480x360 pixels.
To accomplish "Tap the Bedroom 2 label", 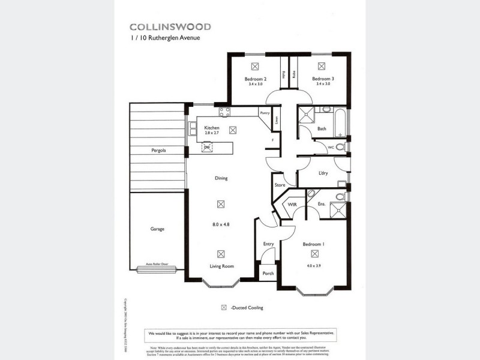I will coord(255,79).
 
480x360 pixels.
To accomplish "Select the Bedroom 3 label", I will coord(322,79).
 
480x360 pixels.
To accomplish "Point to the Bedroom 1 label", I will coord(313,245).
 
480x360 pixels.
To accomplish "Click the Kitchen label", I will coord(212,128).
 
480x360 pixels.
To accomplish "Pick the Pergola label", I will coord(158,150).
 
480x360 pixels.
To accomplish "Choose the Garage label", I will coord(157,229).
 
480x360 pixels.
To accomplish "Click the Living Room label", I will coord(221,266).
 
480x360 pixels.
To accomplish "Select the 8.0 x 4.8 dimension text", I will coord(221,224).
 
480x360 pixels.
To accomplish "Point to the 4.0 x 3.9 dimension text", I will coord(313,265).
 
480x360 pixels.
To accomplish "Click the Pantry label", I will coord(265,113).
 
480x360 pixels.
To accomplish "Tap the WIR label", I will coord(293,205).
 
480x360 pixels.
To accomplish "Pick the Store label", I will coord(279,185).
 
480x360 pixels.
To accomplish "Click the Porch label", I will coord(268,273).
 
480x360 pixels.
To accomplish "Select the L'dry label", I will coord(323,173).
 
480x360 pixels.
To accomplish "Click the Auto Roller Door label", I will coord(157,263).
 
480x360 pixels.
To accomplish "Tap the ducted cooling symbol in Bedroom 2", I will coord(255,66).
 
